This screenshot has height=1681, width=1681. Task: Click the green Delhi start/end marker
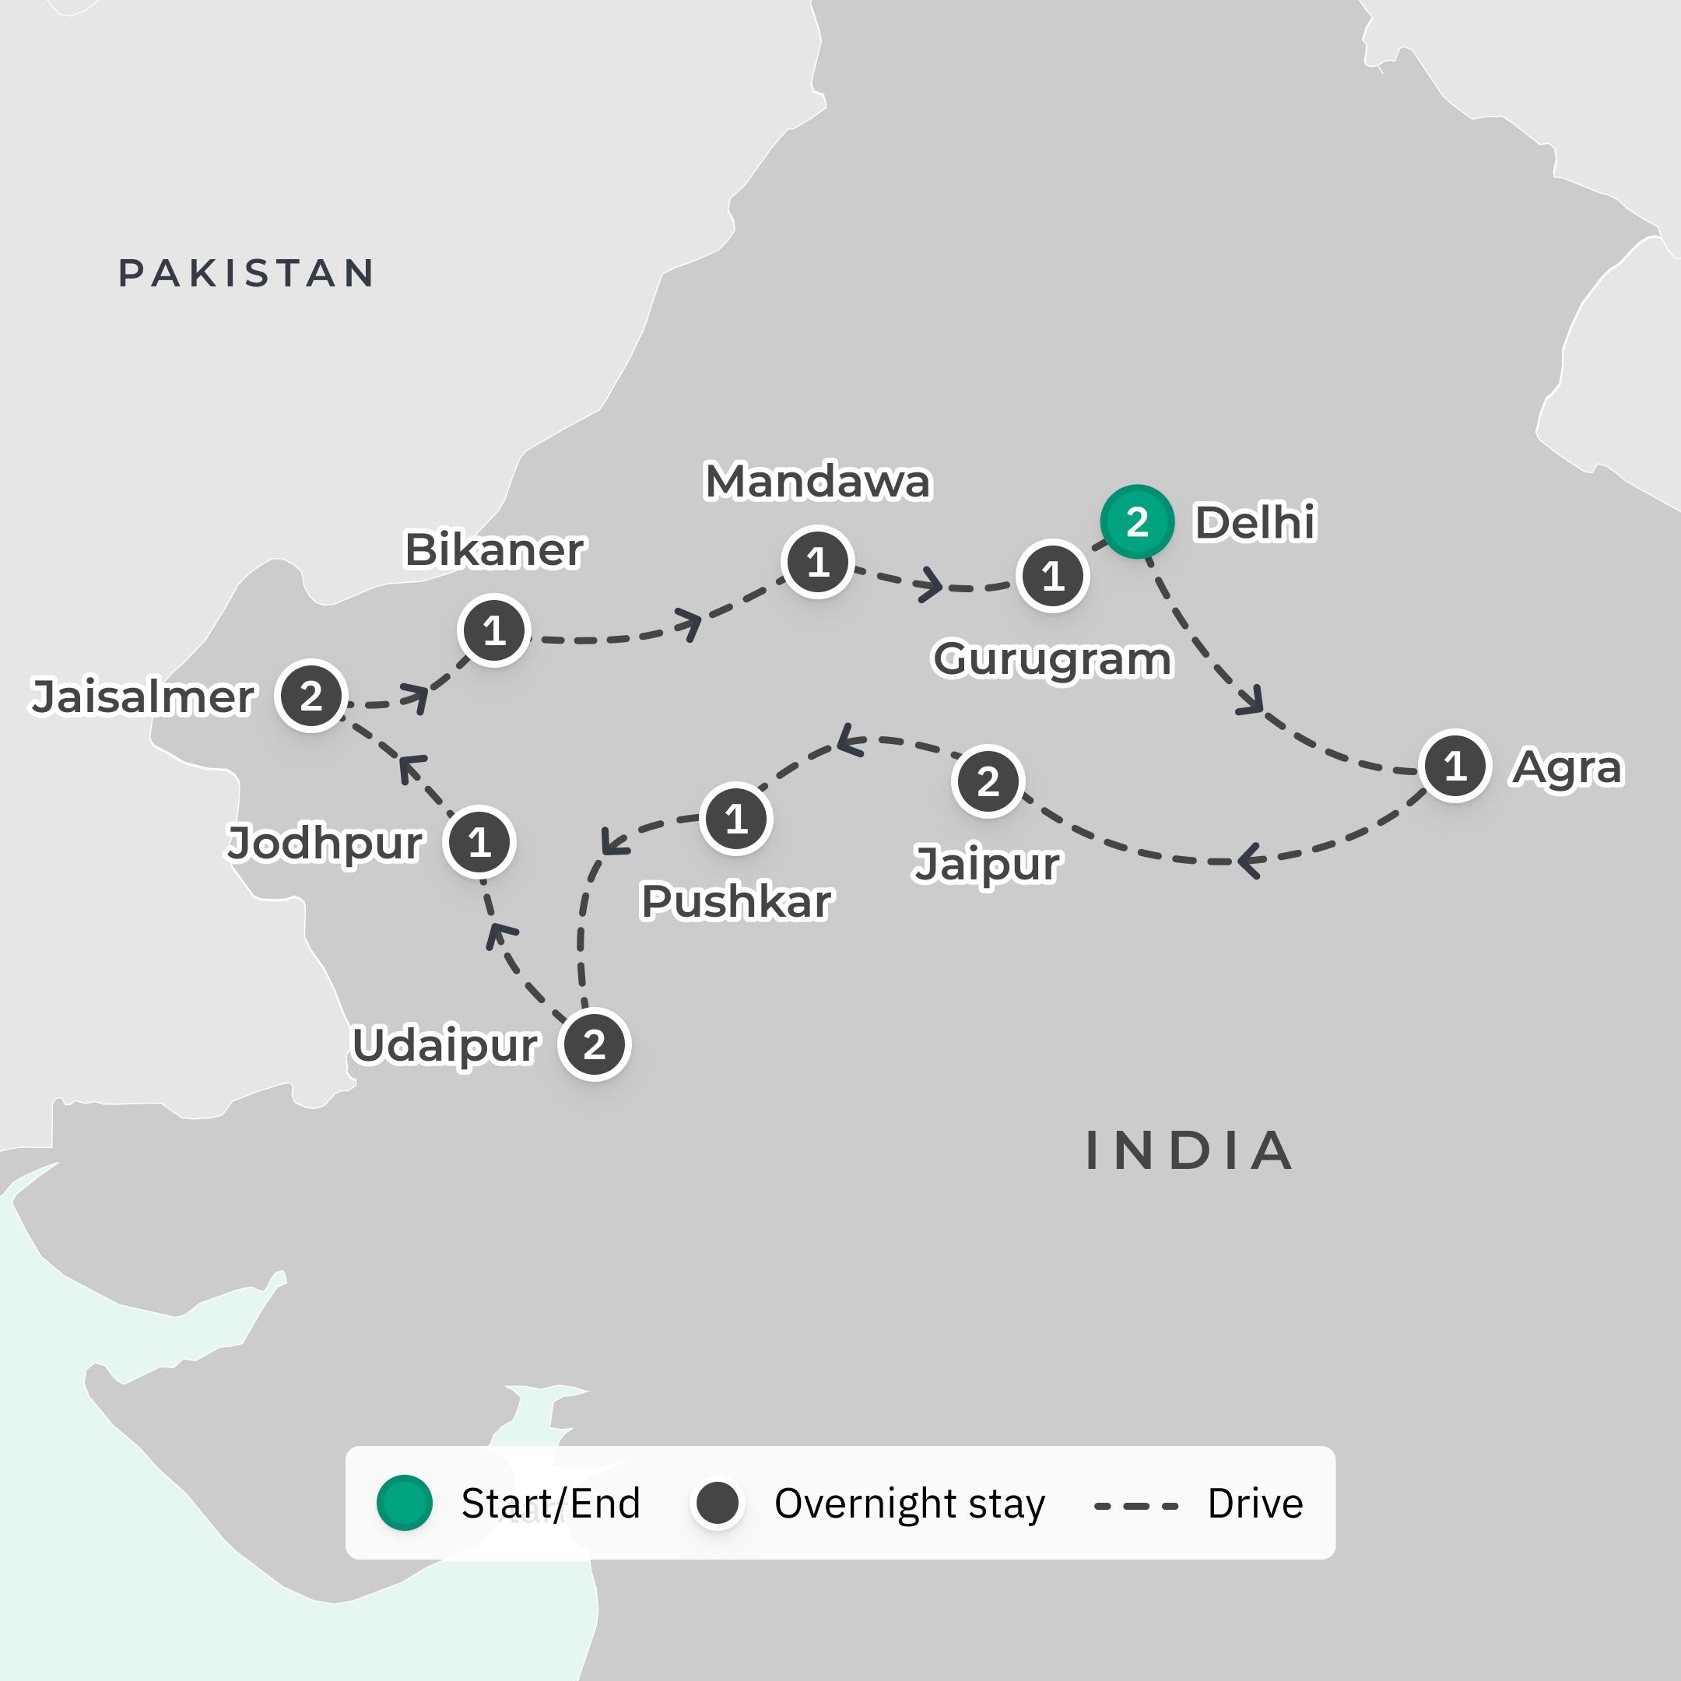click(x=1137, y=522)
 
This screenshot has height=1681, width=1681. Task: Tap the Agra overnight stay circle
click(x=1455, y=766)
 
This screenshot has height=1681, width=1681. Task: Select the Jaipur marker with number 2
click(x=988, y=781)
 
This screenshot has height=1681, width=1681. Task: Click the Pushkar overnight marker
click(x=736, y=819)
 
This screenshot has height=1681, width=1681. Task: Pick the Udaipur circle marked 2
click(x=595, y=1044)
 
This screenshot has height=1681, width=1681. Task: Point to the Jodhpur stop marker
click(x=479, y=842)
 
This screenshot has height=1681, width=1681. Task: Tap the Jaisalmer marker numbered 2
click(x=311, y=696)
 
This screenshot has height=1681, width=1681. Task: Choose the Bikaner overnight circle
click(x=493, y=630)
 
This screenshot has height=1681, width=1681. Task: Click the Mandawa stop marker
click(x=817, y=562)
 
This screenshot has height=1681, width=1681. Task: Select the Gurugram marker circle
click(x=1053, y=576)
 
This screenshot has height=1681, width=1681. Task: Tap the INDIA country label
click(x=1189, y=1151)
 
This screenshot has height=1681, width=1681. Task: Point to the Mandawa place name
click(x=817, y=481)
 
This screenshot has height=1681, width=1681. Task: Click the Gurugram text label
click(x=1052, y=658)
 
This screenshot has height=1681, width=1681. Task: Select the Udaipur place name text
click(x=444, y=1045)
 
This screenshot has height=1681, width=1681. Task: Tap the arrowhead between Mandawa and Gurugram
click(x=931, y=584)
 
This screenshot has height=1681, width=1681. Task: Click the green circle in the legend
click(x=405, y=1503)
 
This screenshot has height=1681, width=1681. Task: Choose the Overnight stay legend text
click(x=909, y=1504)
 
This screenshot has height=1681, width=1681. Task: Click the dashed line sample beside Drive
click(x=1135, y=1505)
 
